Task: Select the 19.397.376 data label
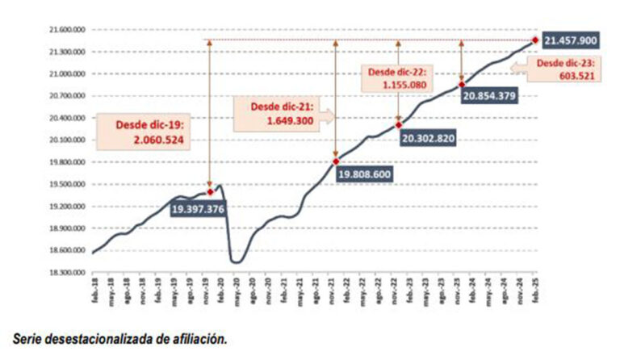tap(197, 209)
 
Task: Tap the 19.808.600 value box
tap(364, 174)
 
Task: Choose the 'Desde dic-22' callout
tap(401, 77)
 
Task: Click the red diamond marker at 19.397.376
tap(210, 191)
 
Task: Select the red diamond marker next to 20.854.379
tap(461, 85)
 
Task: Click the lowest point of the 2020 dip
tap(237, 262)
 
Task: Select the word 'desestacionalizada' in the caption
tap(113, 340)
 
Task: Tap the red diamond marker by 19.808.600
tap(335, 161)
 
